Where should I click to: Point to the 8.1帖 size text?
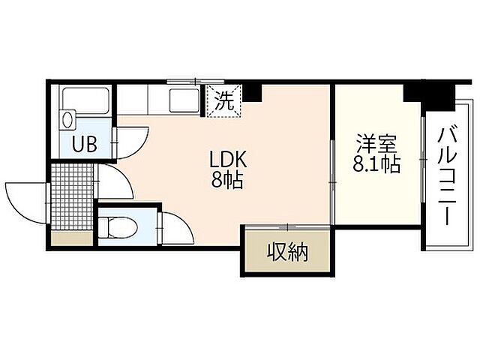[x=376, y=163]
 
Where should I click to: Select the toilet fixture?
[x=118, y=225]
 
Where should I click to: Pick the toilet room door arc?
[x=174, y=227]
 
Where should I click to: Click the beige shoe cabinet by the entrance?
[x=72, y=239]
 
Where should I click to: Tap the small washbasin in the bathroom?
[x=68, y=118]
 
